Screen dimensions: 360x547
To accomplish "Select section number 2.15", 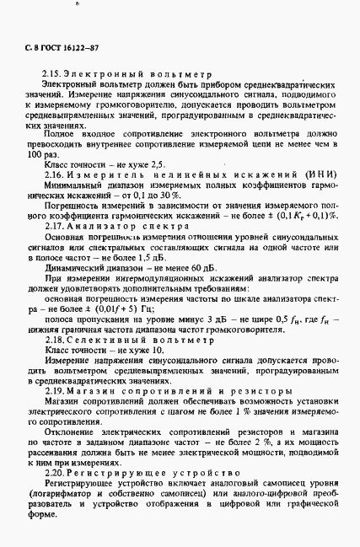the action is [51, 75].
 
